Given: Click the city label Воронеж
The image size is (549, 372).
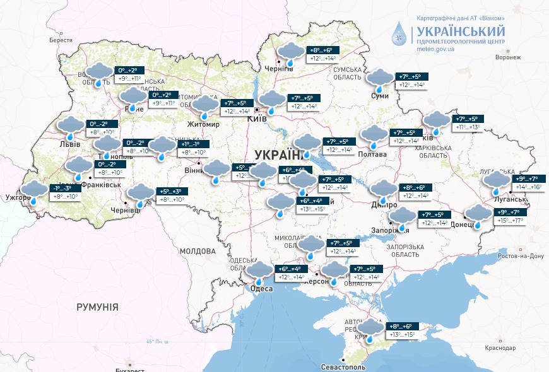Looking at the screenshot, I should click(508, 57).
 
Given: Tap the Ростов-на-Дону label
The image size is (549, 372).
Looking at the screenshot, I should click(521, 256).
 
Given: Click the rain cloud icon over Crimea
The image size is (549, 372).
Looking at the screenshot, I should click(370, 330).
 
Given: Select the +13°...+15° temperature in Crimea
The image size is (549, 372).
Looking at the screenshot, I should click(401, 334).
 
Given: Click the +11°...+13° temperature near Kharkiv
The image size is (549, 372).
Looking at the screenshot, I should click(466, 127).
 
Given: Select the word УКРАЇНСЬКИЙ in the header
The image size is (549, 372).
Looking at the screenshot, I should click(460, 31).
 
